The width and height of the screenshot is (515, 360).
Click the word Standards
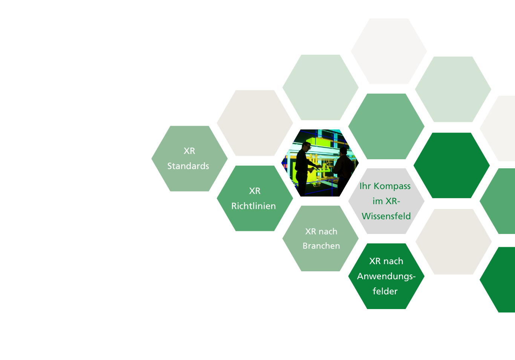pos(188,166)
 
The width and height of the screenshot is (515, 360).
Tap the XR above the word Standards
pos(189,151)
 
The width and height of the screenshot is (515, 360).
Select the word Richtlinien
pos(253,206)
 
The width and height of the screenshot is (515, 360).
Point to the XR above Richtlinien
pos(255,191)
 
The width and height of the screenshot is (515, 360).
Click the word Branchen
pos(321,246)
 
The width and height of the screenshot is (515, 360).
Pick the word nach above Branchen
pos(328,232)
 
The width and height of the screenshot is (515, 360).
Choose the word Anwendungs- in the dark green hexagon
pos(386,276)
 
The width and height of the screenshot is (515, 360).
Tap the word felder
pos(385,291)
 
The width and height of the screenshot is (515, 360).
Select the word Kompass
pos(392,186)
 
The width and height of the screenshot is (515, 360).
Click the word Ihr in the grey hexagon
pos(365,186)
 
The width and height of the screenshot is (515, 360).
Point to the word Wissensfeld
pos(386,216)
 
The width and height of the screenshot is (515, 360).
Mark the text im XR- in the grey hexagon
pos(386,201)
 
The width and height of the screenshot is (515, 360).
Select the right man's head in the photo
pos(343,152)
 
